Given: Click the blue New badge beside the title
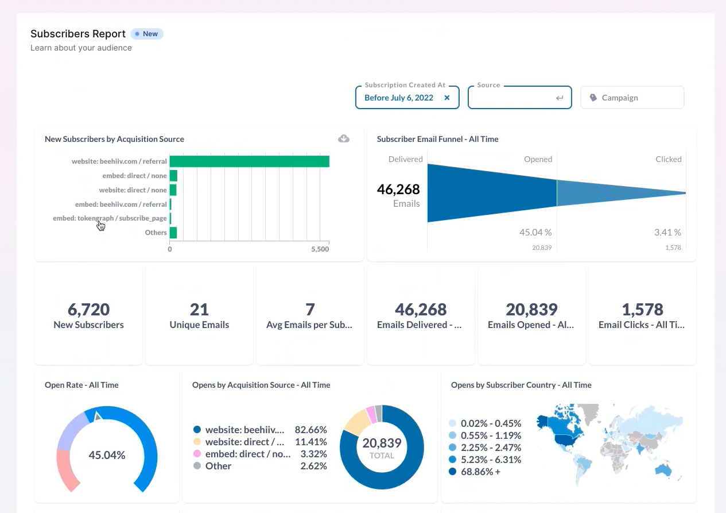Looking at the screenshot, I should pyautogui.click(x=147, y=34).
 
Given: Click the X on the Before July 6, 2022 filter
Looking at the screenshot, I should pyautogui.click(x=447, y=98).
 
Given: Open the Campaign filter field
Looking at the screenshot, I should pyautogui.click(x=632, y=98).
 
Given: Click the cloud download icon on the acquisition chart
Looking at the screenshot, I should pyautogui.click(x=344, y=138).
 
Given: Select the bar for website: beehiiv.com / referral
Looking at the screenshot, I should pyautogui.click(x=249, y=161).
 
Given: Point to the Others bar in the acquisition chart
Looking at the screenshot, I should pyautogui.click(x=173, y=233).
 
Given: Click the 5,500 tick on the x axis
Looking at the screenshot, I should pyautogui.click(x=320, y=249).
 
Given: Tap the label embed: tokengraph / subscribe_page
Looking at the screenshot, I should pyautogui.click(x=110, y=218).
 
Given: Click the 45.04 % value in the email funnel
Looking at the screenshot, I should pyautogui.click(x=535, y=233).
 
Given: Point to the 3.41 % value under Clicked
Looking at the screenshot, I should pyautogui.click(x=667, y=233).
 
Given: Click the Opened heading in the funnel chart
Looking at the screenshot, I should pyautogui.click(x=538, y=159).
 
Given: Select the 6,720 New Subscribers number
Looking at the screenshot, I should pyautogui.click(x=88, y=310).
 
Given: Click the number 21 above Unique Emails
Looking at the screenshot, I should pyautogui.click(x=199, y=310).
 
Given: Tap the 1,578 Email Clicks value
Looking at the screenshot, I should pyautogui.click(x=642, y=310).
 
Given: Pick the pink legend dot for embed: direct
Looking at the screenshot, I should pyautogui.click(x=197, y=454).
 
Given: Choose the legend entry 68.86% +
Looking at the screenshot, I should pyautogui.click(x=485, y=472).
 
